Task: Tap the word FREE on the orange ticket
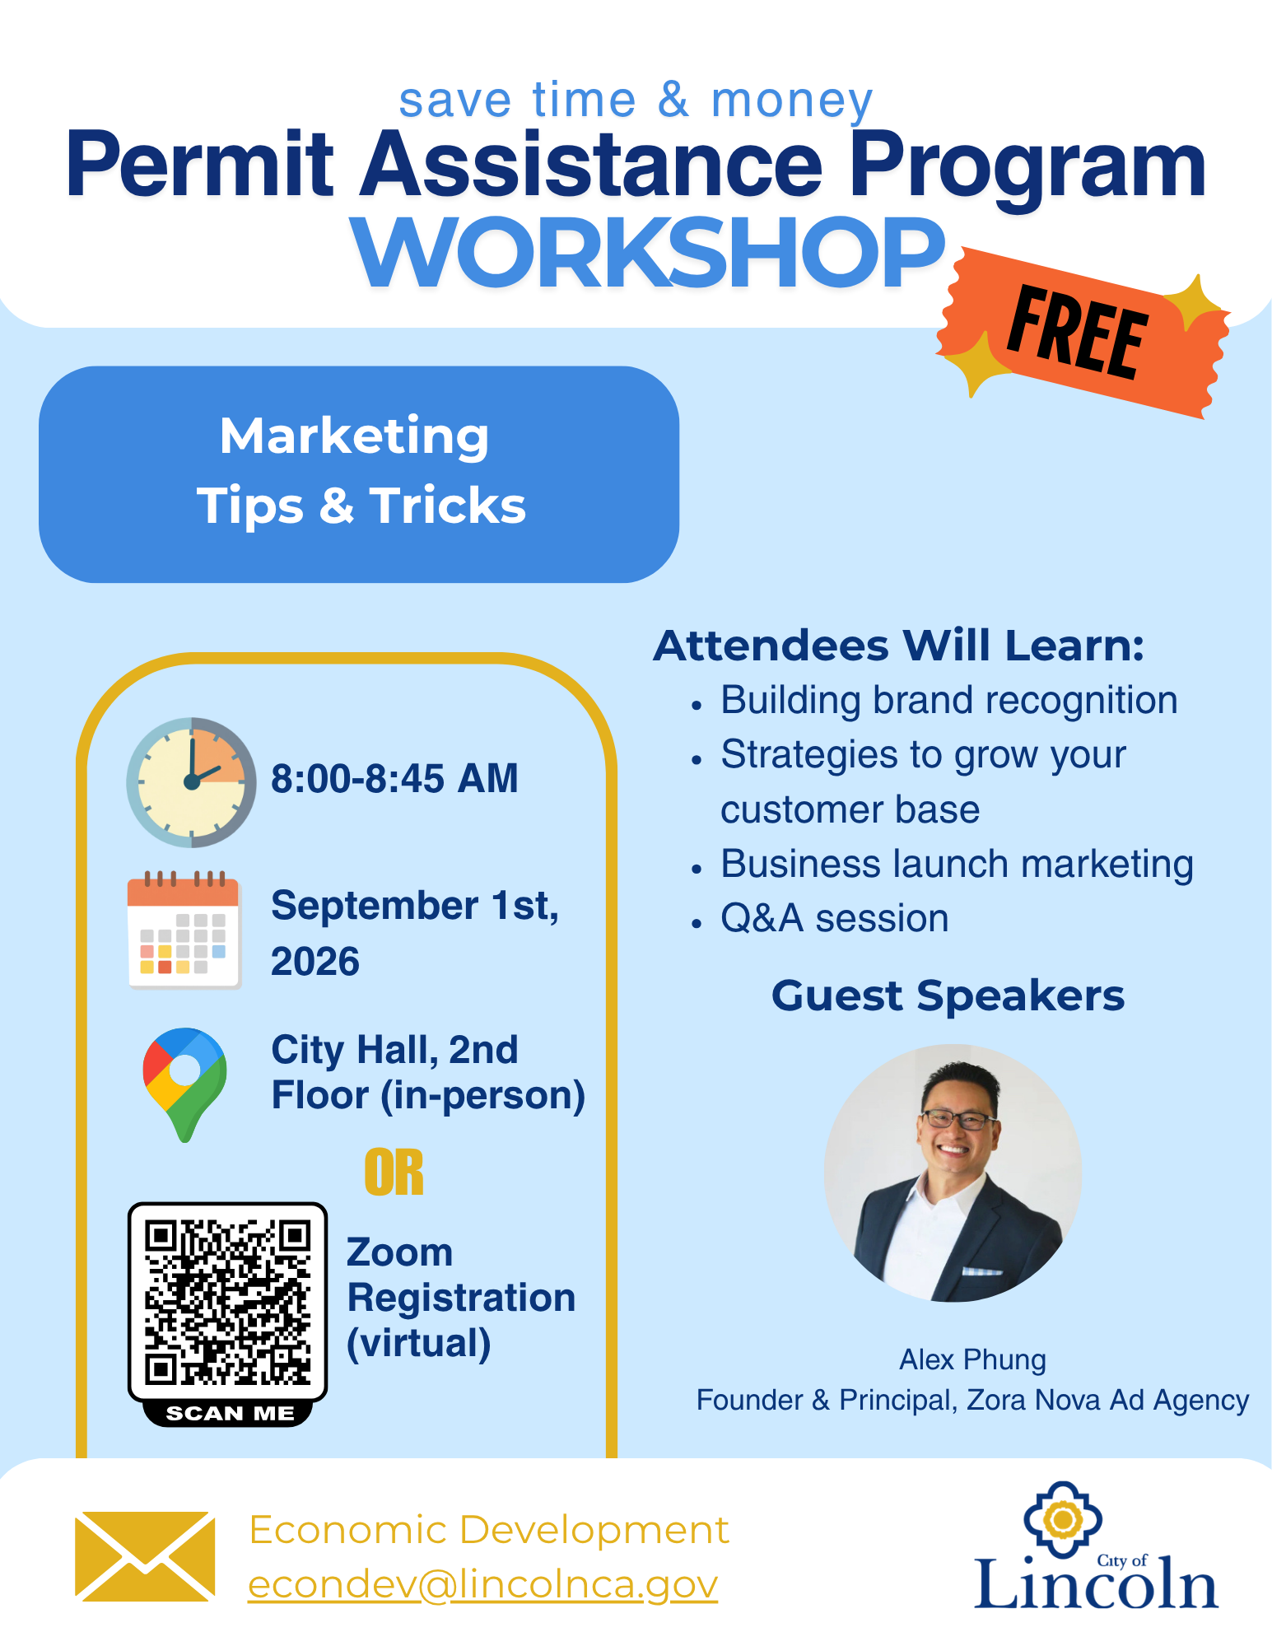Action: tap(1078, 333)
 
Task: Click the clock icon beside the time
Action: tap(191, 782)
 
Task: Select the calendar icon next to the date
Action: tap(184, 930)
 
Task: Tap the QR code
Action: tap(228, 1302)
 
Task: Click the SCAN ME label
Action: tap(230, 1414)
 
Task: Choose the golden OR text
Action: tap(394, 1173)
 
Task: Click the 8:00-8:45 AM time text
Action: tap(394, 779)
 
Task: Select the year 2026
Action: tap(315, 962)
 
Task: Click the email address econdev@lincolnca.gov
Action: tap(482, 1585)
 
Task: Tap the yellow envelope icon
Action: tap(145, 1556)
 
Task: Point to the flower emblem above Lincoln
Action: tap(1063, 1519)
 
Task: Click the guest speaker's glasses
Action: tap(958, 1119)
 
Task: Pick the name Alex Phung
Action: tap(972, 1359)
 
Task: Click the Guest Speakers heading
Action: tap(948, 996)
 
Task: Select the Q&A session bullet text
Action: tap(834, 918)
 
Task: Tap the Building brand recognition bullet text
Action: tap(948, 701)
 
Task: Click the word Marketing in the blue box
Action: tap(354, 437)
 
